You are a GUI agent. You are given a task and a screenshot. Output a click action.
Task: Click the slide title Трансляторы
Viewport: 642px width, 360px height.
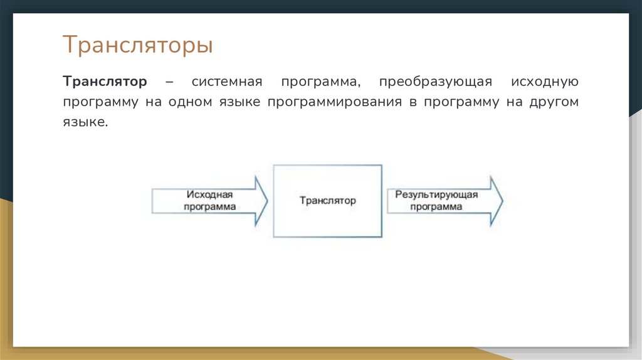(137, 46)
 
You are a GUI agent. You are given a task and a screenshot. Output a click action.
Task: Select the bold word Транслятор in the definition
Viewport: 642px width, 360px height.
(105, 82)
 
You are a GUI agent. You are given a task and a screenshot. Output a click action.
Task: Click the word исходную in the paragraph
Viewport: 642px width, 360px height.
(544, 82)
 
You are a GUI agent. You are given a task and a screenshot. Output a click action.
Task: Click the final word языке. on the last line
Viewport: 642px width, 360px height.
(85, 122)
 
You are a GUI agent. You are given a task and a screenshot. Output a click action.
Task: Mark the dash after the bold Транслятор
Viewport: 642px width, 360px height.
(170, 82)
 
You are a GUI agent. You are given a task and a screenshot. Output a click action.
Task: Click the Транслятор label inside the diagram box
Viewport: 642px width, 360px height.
(327, 201)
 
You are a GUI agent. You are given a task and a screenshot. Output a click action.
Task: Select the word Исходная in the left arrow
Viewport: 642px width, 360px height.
(209, 195)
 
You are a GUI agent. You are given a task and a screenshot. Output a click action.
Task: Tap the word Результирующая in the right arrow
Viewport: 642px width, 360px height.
(436, 195)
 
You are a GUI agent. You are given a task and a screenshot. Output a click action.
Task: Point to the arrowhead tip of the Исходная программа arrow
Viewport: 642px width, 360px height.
(267, 201)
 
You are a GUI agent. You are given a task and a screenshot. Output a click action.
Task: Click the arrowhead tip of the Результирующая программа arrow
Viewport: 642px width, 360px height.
(502, 201)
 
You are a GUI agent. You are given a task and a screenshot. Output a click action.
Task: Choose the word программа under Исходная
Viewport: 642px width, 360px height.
(209, 206)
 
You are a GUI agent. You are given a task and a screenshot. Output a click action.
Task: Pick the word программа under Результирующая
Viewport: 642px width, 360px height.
(436, 206)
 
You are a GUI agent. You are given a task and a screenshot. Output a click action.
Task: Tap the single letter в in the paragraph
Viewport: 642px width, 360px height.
(413, 102)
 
